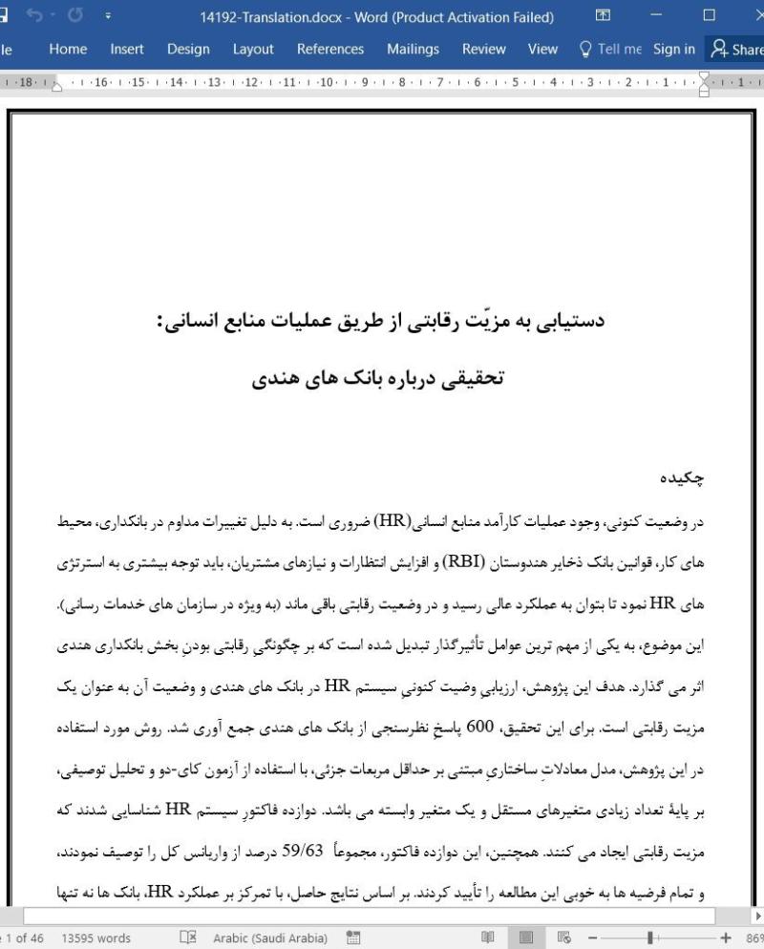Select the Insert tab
[127, 50]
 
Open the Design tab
[188, 50]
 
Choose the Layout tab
[253, 50]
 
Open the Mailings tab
[413, 50]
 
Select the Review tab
[483, 50]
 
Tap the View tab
[542, 50]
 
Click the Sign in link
[674, 50]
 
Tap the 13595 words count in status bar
[95, 938]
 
